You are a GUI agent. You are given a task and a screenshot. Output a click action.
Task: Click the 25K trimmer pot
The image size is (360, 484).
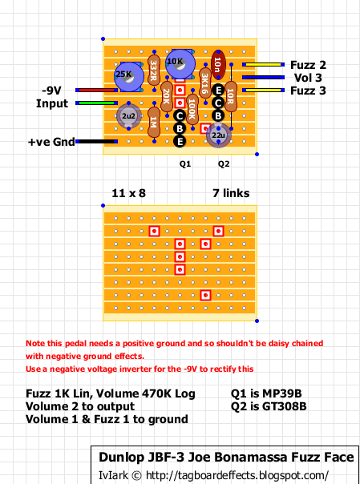coord(125,75)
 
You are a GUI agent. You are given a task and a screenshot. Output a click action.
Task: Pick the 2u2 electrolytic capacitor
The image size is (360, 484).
coord(126,117)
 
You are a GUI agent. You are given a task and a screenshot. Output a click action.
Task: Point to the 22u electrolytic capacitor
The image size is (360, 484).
coord(218,136)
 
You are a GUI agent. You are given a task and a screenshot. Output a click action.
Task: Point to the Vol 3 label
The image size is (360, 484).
coord(309,78)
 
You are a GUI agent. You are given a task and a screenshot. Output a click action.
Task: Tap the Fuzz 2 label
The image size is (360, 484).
coord(308,65)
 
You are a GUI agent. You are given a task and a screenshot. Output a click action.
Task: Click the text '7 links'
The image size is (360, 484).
coord(230,194)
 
